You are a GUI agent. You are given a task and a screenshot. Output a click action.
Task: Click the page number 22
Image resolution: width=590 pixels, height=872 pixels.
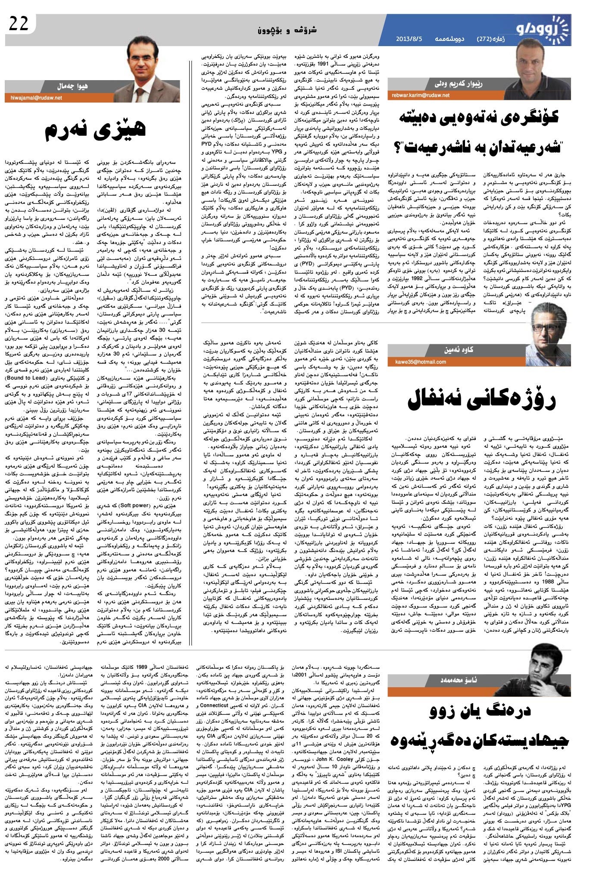click(x=19, y=23)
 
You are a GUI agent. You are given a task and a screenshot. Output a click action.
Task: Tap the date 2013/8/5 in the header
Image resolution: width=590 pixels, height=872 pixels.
click(x=409, y=39)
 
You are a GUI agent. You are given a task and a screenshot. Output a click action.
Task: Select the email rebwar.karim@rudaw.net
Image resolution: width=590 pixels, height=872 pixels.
click(x=420, y=95)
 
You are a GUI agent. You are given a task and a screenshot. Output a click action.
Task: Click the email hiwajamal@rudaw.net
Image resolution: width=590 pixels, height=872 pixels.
click(x=34, y=98)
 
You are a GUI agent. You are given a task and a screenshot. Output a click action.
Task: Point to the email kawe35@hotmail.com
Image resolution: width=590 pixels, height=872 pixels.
click(x=420, y=361)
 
